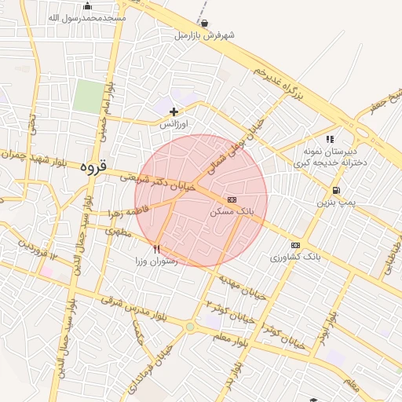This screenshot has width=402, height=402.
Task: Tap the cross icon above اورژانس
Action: coord(174,111)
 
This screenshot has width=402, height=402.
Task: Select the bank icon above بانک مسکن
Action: coord(232,199)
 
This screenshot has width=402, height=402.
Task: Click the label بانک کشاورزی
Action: coord(295,257)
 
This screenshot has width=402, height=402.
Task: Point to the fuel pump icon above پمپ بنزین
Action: coord(336,190)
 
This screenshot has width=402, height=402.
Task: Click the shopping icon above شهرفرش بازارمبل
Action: coord(205,24)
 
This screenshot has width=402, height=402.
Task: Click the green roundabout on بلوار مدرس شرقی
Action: coord(189,327)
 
